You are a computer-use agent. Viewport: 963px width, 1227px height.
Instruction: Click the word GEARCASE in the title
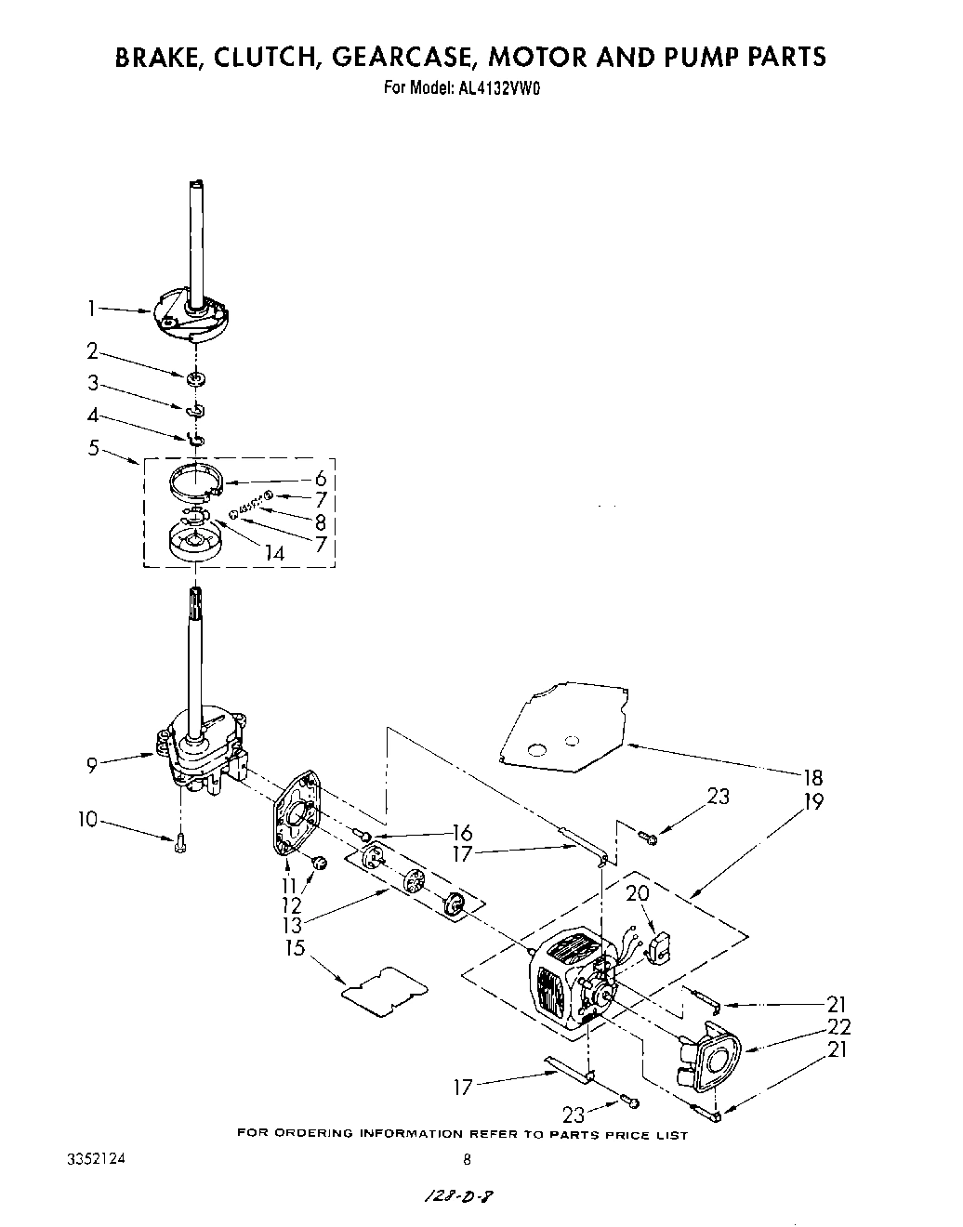point(387,58)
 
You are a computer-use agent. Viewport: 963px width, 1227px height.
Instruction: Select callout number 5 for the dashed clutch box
point(93,448)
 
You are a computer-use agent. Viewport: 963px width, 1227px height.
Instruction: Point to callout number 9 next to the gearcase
point(92,765)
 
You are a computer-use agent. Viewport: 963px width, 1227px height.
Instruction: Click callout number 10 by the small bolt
point(88,819)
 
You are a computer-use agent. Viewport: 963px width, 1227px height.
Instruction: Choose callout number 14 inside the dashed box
point(273,552)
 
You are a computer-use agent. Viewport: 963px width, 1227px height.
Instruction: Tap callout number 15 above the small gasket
point(298,949)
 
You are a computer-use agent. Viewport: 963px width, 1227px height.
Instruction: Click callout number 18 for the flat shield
point(813,778)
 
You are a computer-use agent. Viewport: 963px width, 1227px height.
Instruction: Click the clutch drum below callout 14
point(194,541)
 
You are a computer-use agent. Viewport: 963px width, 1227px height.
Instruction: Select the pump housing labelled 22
point(711,1058)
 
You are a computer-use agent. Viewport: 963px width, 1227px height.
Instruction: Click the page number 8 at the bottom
point(468,1159)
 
